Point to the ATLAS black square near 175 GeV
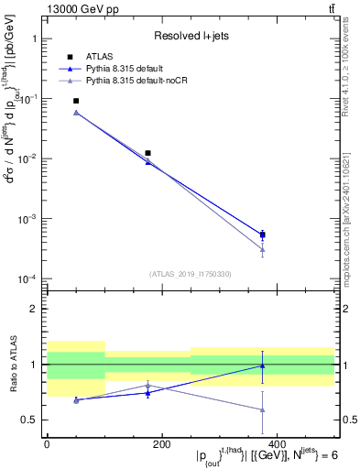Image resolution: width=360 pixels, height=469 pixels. [x=147, y=153]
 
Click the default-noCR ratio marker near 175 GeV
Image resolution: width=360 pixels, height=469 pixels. [x=147, y=385]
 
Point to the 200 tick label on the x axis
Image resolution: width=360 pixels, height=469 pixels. [x=161, y=444]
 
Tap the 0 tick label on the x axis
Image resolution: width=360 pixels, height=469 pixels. [x=47, y=444]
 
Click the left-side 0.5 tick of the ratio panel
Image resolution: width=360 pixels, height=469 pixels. [x=30, y=420]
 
